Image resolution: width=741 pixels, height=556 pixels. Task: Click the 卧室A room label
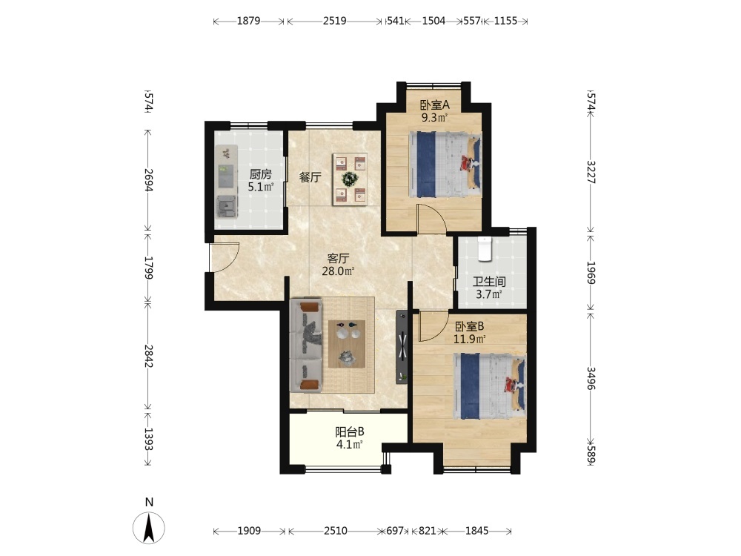(x=434, y=105)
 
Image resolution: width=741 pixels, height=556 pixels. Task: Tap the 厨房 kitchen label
(x=260, y=174)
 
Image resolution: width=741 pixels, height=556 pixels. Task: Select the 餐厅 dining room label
(x=310, y=177)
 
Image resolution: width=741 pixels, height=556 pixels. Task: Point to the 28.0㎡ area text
(x=339, y=271)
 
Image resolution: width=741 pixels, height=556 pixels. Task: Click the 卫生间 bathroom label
(x=489, y=282)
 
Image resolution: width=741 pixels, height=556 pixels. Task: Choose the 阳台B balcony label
(x=350, y=431)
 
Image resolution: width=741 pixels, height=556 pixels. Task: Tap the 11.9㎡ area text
(x=470, y=339)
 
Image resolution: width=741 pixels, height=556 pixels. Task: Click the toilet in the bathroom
(x=485, y=249)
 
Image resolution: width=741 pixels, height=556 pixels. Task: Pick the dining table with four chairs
(x=350, y=179)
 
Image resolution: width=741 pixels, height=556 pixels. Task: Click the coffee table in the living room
(x=347, y=344)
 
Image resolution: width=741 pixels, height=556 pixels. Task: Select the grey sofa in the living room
(x=306, y=345)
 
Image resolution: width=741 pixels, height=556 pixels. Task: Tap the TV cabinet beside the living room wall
(x=402, y=347)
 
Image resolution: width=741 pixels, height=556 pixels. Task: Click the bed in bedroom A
(x=445, y=164)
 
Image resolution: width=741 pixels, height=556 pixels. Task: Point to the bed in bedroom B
(x=490, y=385)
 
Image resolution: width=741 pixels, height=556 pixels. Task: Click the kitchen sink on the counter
(x=227, y=207)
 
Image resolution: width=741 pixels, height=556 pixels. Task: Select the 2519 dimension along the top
(x=335, y=21)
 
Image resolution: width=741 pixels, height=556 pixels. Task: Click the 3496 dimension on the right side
(x=591, y=378)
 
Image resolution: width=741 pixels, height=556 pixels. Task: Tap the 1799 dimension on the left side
(x=148, y=268)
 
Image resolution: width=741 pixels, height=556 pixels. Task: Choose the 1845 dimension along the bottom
(x=476, y=531)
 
